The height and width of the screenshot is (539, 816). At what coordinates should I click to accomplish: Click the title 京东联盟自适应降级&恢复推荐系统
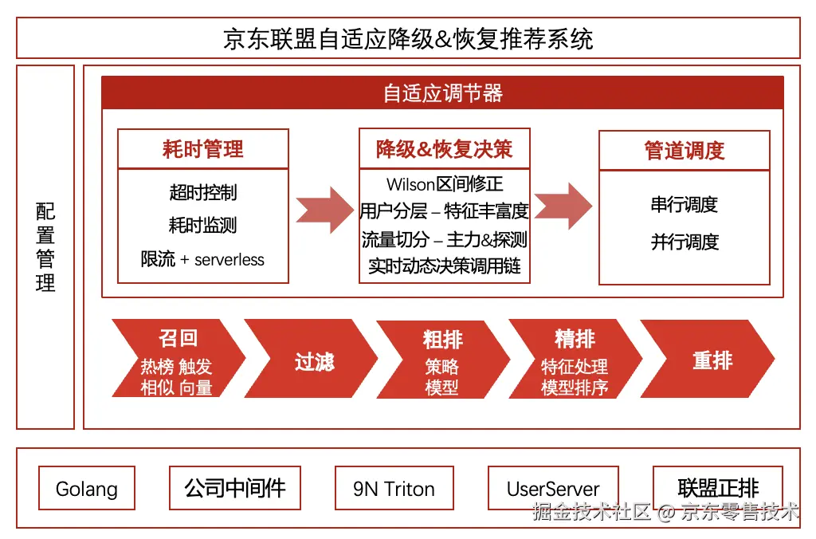pos(408,38)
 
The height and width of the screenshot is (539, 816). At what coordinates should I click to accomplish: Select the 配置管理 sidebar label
pos(45,247)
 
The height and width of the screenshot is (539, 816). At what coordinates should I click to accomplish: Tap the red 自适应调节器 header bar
pos(442,93)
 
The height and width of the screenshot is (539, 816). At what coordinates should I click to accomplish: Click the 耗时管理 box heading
pos(202,149)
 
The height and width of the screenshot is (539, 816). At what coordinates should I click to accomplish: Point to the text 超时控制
pos(202,192)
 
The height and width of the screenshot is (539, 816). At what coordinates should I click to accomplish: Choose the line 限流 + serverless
pos(202,259)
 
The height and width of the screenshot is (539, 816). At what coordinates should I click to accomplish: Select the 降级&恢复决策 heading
pos(444,149)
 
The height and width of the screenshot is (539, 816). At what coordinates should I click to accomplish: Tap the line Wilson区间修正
pos(444,184)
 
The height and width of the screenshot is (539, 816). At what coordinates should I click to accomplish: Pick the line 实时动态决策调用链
pos(444,266)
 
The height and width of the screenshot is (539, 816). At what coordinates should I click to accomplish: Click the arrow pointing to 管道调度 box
pos(563,206)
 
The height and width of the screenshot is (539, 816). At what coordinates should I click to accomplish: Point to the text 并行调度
pos(684,242)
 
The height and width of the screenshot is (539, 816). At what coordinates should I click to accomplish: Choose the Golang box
pos(87,488)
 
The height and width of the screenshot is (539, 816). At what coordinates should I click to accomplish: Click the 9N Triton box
pos(394,488)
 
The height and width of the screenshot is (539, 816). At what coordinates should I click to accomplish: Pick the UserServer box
pos(553,488)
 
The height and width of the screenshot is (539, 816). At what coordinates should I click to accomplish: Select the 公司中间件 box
pos(234,488)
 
